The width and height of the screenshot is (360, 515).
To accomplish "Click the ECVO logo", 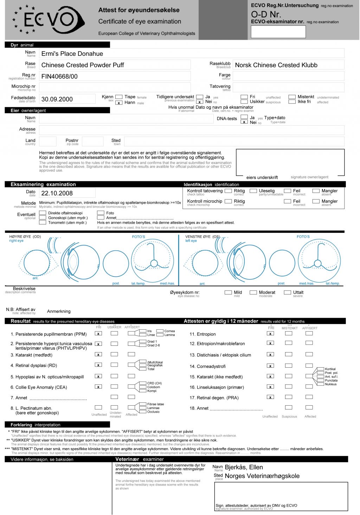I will tap(49, 20).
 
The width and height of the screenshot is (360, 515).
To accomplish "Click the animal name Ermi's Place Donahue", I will tap(72, 54).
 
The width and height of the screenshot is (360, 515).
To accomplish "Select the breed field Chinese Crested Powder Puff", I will tap(83, 65).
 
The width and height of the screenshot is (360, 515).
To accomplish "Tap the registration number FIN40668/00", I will tap(59, 76).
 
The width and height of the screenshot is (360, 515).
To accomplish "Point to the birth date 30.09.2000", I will tap(57, 99).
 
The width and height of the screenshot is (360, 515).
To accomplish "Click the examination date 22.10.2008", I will tap(57, 193).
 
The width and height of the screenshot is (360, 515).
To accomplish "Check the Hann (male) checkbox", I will tap(119, 103).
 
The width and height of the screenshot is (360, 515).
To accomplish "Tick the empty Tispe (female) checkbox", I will tap(119, 97).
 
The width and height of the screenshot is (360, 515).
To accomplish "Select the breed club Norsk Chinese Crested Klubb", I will tap(276, 65).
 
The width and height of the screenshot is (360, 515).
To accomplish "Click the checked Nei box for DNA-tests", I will tap(244, 122).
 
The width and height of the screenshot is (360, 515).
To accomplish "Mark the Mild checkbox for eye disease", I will tap(228, 292).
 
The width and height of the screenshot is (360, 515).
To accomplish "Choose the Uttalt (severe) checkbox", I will tap(288, 292).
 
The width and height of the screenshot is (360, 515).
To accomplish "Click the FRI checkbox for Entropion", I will tap(270, 333).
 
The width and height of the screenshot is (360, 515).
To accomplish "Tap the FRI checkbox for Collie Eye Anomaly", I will tap(98, 387).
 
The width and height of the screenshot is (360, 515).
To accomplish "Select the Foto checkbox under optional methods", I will tap(101, 213).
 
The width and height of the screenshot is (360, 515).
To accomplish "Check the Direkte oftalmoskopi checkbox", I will tap(43, 213).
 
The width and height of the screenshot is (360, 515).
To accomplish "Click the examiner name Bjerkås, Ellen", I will tap(244, 467).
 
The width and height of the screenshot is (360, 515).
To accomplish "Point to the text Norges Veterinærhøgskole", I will tap(262, 476).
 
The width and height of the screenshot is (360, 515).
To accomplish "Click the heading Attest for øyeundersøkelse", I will tap(139, 10).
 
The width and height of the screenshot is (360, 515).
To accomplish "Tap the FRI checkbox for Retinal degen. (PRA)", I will tap(270, 397).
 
